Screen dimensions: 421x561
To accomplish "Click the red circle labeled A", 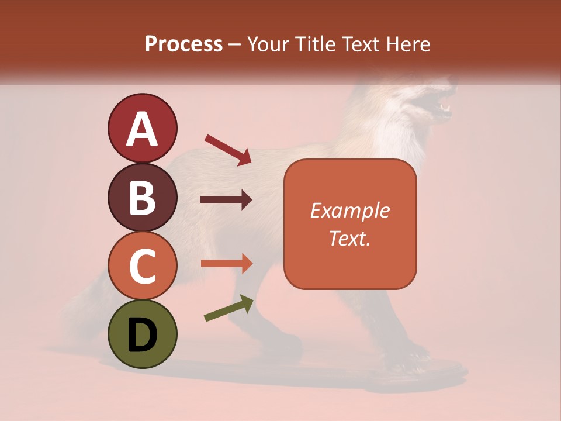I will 142,128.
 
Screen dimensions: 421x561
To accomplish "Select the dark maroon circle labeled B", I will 142,197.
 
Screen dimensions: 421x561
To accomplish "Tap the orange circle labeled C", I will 142,265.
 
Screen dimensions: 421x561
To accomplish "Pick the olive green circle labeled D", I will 142,334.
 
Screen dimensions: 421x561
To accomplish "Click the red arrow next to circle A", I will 228,149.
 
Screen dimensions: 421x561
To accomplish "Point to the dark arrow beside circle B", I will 226,200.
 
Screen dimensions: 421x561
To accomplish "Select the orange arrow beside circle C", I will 226,263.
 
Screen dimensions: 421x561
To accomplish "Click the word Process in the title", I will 183,44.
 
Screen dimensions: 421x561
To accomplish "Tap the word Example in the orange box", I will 349,210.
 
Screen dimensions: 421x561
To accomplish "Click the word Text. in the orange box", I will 349,238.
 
